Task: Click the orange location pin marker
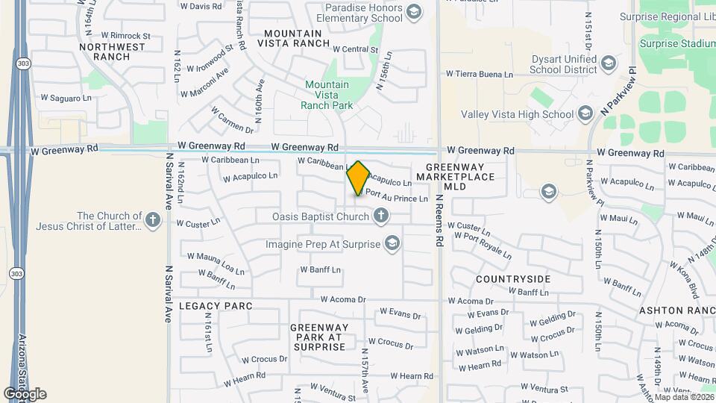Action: pyautogui.click(x=359, y=178)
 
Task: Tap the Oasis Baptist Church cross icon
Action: pyautogui.click(x=381, y=216)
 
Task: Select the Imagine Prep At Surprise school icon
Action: pyautogui.click(x=392, y=243)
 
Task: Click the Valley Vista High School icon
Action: pyautogui.click(x=585, y=113)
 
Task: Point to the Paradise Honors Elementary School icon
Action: pyautogui.click(x=414, y=11)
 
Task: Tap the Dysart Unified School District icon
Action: pyautogui.click(x=609, y=62)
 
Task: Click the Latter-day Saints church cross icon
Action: pyautogui.click(x=153, y=220)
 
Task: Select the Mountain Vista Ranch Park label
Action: pyautogui.click(x=327, y=95)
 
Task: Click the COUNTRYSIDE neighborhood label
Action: pyautogui.click(x=513, y=278)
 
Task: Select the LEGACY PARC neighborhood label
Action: pyautogui.click(x=216, y=306)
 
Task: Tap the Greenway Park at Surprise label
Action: pyautogui.click(x=319, y=337)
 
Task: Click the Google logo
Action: pyautogui.click(x=25, y=393)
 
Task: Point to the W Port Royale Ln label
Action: pyautogui.click(x=483, y=246)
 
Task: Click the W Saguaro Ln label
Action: pyautogui.click(x=66, y=98)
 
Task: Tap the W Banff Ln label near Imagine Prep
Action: pyautogui.click(x=320, y=269)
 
